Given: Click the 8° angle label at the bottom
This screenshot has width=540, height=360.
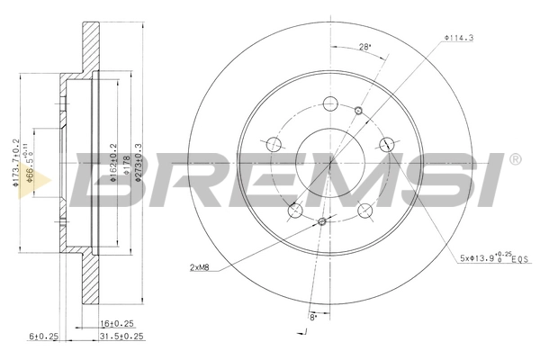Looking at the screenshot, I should [x=313, y=316].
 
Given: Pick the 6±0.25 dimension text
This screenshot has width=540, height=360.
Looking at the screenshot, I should [x=42, y=337].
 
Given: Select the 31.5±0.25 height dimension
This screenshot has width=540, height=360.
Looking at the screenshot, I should [x=119, y=337].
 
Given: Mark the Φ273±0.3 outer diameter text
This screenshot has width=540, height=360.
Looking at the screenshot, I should [x=138, y=163].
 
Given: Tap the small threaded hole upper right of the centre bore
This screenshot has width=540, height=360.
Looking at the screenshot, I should [x=358, y=111].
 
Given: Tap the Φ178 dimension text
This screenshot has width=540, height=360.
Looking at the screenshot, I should [x=125, y=167].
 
